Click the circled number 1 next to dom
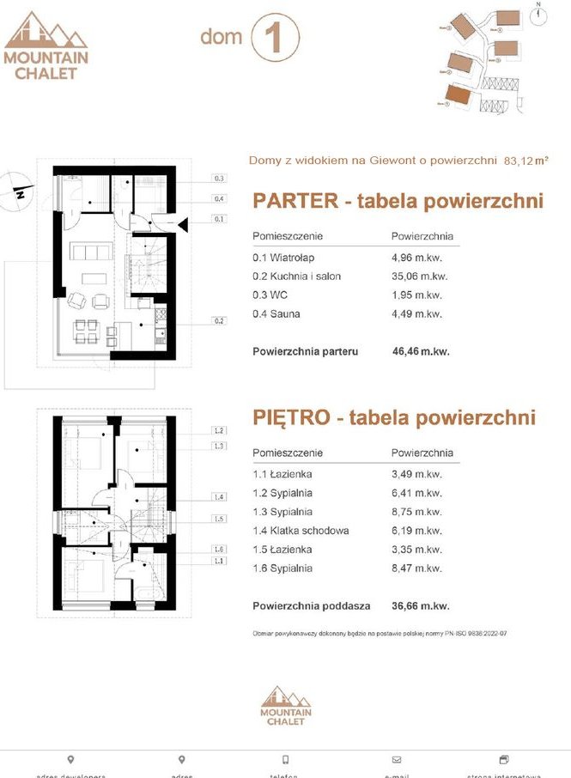[276, 40]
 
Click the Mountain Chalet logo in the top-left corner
[46, 46]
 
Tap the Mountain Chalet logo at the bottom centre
[287, 705]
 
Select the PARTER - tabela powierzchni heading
[398, 201]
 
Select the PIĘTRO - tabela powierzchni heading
[394, 417]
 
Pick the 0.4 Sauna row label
[276, 313]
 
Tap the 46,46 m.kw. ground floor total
[420, 351]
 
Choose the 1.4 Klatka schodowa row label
[301, 531]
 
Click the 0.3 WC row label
[270, 295]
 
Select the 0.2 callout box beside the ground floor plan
[220, 321]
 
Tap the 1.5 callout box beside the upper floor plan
[220, 519]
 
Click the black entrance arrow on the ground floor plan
[183, 225]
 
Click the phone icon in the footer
[286, 759]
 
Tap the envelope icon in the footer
[396, 759]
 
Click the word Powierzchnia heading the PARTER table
[422, 236]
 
